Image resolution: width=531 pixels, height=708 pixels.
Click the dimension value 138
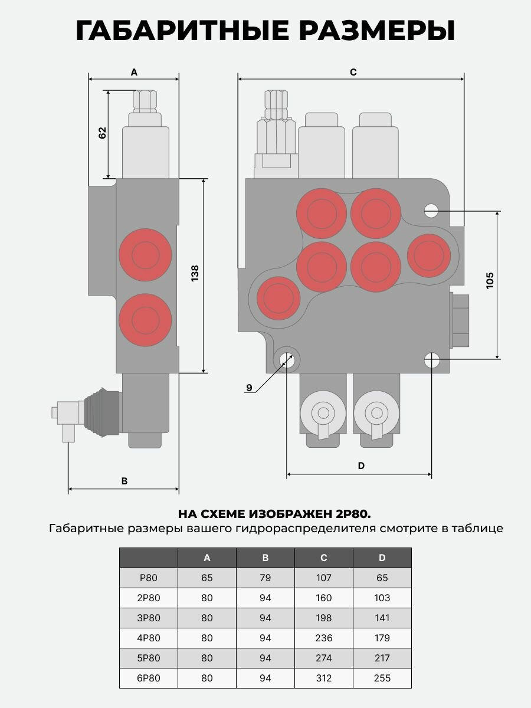(x=195, y=274)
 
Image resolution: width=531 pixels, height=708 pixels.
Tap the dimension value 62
(x=102, y=133)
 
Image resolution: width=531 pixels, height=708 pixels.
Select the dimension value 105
(x=490, y=280)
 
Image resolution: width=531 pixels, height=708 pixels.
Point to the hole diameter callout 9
(x=249, y=388)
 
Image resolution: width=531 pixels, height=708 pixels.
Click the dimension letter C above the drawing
(x=353, y=72)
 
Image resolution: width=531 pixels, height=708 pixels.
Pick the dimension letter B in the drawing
(x=124, y=481)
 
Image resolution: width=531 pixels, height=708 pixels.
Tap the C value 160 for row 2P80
(x=324, y=598)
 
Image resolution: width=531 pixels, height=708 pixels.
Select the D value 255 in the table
(x=382, y=678)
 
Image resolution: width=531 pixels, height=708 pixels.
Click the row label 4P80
(x=149, y=638)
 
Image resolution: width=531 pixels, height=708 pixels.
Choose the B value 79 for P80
(x=265, y=578)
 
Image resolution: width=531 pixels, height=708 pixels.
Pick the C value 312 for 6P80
(x=324, y=678)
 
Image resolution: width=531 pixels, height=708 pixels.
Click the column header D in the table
(x=382, y=558)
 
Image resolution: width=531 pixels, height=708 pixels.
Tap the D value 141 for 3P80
(x=382, y=618)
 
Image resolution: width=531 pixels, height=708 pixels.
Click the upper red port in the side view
(x=145, y=255)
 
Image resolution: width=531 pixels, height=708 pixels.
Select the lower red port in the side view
(x=145, y=320)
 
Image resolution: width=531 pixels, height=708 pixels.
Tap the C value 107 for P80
(x=324, y=578)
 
